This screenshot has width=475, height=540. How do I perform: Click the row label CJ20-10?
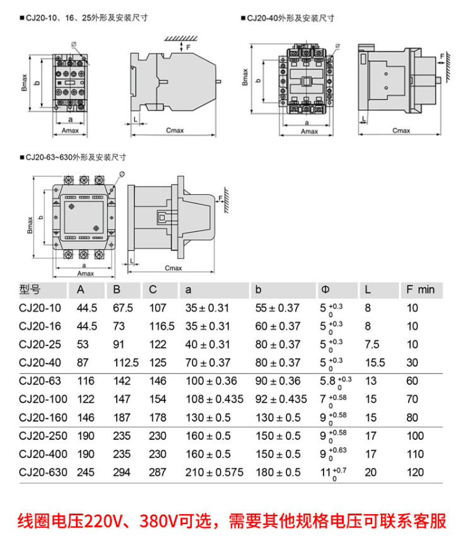click(x=40, y=309)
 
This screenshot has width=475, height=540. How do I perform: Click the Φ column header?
click(x=325, y=290)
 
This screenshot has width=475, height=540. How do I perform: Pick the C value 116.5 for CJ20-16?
click(x=161, y=326)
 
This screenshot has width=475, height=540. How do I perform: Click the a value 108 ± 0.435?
click(x=214, y=399)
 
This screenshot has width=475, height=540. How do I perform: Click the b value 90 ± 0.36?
click(x=278, y=381)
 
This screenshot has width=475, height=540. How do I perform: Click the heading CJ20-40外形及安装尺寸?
click(x=290, y=19)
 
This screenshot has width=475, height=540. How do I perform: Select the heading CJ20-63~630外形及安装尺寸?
click(x=76, y=157)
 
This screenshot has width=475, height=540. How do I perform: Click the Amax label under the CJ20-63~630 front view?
click(x=85, y=273)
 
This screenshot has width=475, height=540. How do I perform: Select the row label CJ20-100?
click(x=43, y=399)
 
